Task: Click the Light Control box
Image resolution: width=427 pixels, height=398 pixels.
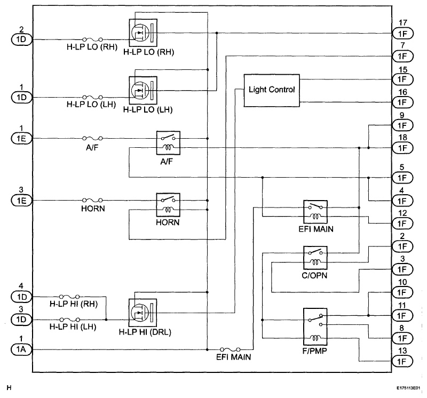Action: tap(272, 90)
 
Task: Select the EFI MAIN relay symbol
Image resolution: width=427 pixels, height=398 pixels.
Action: tap(315, 212)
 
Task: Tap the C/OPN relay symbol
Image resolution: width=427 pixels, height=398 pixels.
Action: tap(315, 258)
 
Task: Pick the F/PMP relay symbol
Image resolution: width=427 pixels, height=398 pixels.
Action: tap(315, 327)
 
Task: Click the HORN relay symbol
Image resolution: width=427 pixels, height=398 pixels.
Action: tap(168, 205)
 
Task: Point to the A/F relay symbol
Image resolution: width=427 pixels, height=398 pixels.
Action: tap(168, 143)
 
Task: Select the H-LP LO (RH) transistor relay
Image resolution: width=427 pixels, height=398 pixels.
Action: tap(143, 33)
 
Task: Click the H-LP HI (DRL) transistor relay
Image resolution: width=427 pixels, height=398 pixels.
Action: tap(143, 313)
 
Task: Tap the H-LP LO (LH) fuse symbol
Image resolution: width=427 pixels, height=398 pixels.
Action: tap(92, 97)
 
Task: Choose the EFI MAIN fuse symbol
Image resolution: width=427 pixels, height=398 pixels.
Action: tap(230, 349)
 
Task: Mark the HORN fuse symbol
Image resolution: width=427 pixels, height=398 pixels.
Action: tap(92, 201)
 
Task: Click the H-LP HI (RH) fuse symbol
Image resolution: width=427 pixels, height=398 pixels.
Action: tap(69, 297)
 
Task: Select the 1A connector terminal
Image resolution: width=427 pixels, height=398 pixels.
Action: tap(21, 349)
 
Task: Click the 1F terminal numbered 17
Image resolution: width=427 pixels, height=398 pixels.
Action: tap(402, 34)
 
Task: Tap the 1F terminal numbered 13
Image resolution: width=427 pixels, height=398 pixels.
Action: tap(402, 362)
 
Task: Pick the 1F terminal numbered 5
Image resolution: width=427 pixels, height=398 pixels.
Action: tap(402, 178)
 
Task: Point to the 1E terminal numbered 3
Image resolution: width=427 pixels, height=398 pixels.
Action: tap(21, 201)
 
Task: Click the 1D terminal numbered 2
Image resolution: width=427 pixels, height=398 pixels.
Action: tap(21, 39)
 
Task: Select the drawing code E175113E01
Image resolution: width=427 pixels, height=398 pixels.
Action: tap(408, 388)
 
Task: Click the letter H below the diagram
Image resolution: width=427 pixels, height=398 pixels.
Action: tap(9, 388)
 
